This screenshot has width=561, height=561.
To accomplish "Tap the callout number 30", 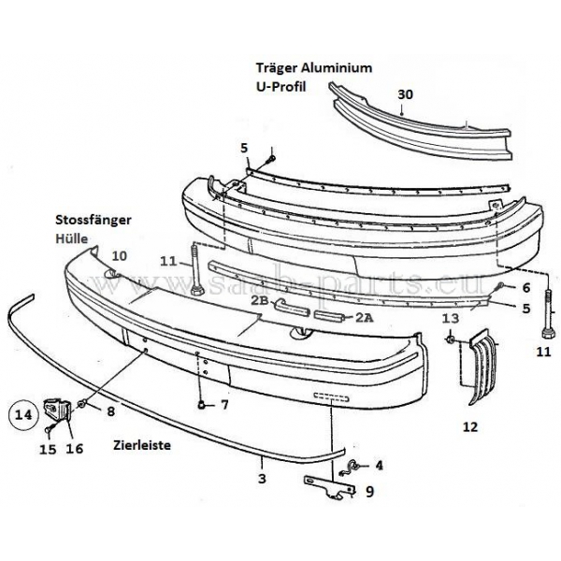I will [404, 94].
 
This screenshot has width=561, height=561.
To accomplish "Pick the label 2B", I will [259, 301].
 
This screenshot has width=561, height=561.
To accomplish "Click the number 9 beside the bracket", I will [370, 489].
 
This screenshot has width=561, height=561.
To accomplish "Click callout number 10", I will [119, 255].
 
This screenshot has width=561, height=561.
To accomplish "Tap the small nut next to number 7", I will [202, 404].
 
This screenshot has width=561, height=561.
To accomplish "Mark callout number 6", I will [525, 287].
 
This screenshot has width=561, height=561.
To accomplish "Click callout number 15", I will [48, 449].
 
